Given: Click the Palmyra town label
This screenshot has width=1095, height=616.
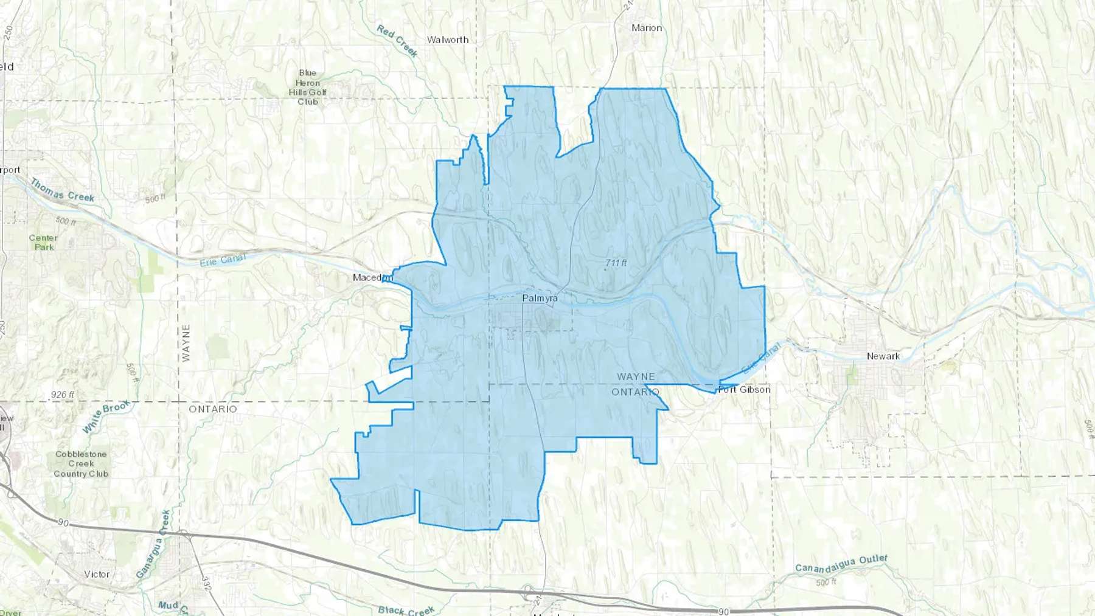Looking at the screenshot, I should pos(540,299).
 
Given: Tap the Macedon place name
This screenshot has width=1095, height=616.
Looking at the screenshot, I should pos(372,277).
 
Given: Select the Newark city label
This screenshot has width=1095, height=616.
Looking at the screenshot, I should pos(883,356).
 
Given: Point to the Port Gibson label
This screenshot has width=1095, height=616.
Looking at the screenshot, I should pos(744,389).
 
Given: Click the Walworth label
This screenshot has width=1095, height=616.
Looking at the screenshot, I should pos(448,40).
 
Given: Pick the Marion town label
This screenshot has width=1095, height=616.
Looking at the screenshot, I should pos(647,28).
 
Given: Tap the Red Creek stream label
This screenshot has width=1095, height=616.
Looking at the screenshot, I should pos(397,41).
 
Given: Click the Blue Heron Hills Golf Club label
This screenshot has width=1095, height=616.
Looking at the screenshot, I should pos(308,87).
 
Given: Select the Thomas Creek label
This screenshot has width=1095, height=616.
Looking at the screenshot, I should pos(63,190).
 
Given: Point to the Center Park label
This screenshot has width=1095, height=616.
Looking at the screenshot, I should pos(44,243).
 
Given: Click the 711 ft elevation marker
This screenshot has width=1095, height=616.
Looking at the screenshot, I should pos(616,263).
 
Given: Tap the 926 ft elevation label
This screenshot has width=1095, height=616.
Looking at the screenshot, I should pos(63,395).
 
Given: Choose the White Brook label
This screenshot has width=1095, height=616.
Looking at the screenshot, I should pos(106,416).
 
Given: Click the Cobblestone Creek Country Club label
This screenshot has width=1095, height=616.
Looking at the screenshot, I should pos(81,464).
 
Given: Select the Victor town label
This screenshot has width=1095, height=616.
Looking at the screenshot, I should pos(97,574).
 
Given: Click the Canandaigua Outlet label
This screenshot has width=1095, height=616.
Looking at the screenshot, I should pos(841,564).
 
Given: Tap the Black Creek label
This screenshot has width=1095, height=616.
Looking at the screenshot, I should pos(406,610).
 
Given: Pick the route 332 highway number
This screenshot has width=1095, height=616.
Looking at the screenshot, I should pos(206,584).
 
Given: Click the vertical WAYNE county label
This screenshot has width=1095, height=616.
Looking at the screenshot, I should pos(186,343).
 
